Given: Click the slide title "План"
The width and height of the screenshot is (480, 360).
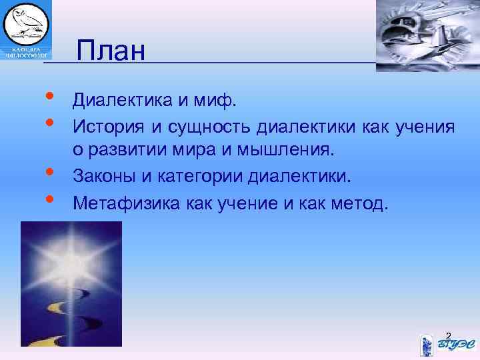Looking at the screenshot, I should pos(111,50).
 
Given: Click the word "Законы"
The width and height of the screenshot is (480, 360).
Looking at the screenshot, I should pos(107,177).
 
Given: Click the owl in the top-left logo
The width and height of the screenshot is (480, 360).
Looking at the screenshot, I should pos(24,23).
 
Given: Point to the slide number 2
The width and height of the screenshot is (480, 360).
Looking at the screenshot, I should pos(448,335).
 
